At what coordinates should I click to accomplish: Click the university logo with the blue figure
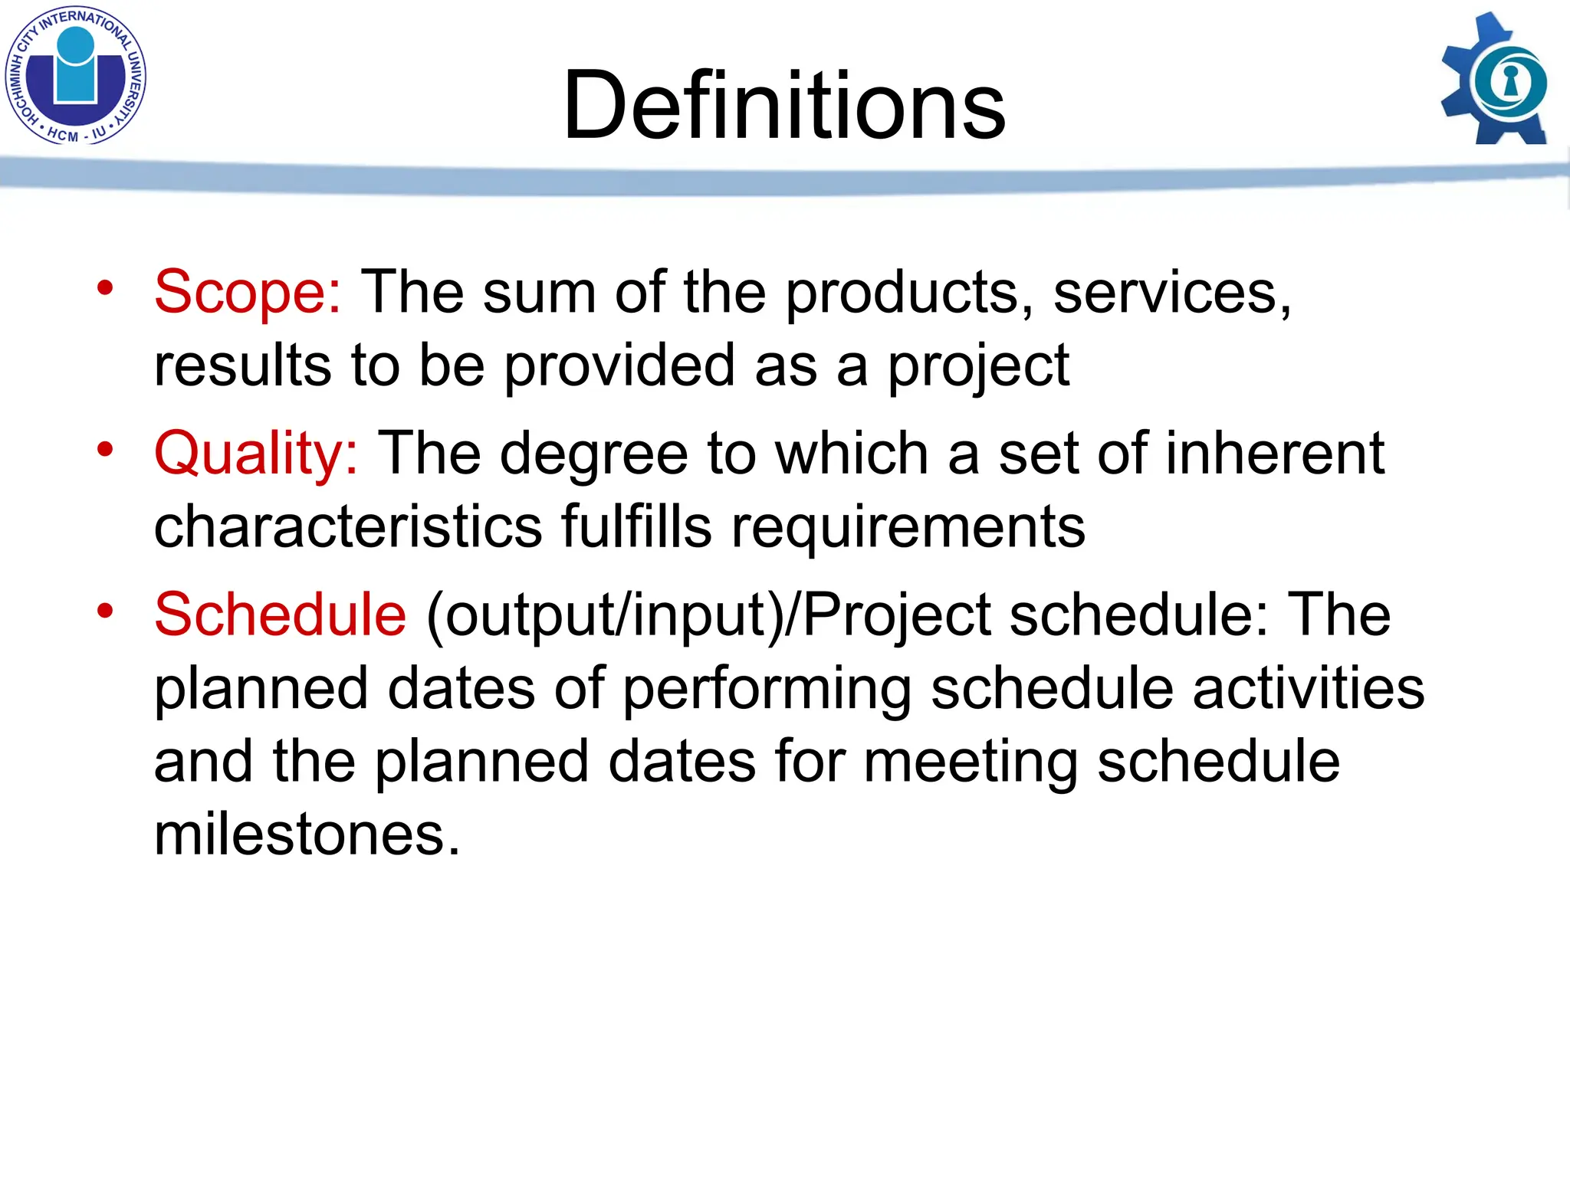[75, 75]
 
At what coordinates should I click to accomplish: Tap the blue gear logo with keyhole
[1495, 80]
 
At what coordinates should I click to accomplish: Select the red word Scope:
[247, 292]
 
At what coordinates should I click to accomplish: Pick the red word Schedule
[280, 615]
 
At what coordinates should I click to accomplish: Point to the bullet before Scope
[105, 288]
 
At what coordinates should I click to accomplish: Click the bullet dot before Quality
[105, 450]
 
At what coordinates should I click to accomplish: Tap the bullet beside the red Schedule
[105, 611]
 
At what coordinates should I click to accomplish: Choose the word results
[243, 366]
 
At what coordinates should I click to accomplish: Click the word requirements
[908, 529]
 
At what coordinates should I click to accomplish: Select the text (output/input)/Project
[708, 616]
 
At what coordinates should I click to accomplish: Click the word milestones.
[307, 834]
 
